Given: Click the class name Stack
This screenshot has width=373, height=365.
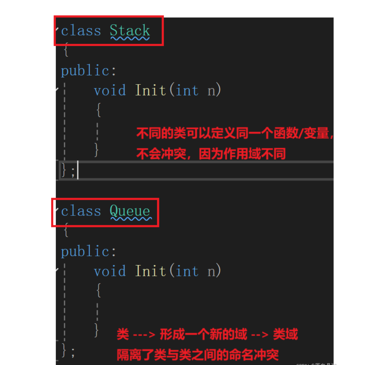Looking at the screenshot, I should point(130,30).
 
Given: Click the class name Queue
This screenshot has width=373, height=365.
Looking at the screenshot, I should point(130,211).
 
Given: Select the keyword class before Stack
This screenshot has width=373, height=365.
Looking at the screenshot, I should point(81,30).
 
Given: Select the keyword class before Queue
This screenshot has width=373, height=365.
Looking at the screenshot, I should point(81,211).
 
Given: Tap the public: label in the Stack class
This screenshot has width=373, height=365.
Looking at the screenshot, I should point(89,71).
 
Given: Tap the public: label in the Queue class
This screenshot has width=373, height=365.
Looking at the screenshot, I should point(89,251).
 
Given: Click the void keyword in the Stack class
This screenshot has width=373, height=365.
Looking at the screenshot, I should point(110,90).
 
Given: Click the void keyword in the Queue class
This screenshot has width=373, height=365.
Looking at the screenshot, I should point(110,271).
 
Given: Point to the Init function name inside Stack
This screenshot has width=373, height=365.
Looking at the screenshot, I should point(150,90).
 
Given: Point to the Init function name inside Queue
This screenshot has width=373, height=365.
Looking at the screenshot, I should point(150,271).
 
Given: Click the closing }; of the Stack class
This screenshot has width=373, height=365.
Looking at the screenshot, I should point(68,171).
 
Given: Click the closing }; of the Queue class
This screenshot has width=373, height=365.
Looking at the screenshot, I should point(68,351).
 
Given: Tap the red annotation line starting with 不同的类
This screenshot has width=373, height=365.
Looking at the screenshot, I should point(234,134).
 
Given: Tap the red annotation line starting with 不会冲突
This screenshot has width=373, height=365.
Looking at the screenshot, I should point(211,154).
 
